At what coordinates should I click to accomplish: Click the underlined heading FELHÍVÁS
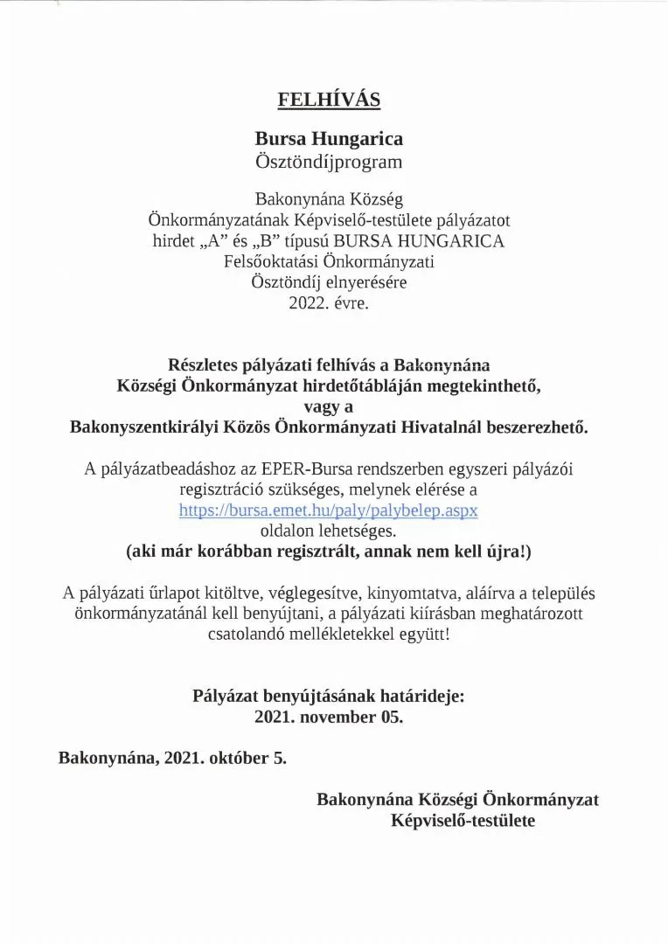pyautogui.click(x=329, y=100)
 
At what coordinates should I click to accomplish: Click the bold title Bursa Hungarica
pyautogui.click(x=329, y=139)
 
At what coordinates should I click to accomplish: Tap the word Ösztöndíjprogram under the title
pyautogui.click(x=329, y=161)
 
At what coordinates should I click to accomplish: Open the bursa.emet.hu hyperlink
pyautogui.click(x=329, y=510)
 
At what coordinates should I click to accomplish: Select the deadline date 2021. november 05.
pyautogui.click(x=329, y=718)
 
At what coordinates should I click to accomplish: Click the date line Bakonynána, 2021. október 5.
pyautogui.click(x=172, y=758)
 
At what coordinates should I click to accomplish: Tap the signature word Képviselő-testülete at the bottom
pyautogui.click(x=463, y=821)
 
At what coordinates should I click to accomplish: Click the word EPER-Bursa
pyautogui.click(x=287, y=469)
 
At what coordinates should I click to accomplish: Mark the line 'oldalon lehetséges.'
pyautogui.click(x=329, y=531)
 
